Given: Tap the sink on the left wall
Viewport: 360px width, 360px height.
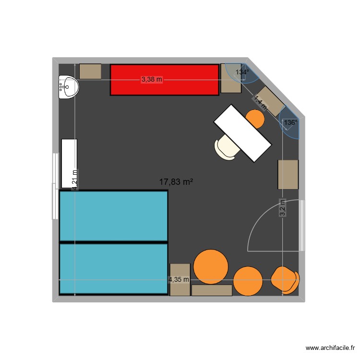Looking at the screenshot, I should pos(68,87).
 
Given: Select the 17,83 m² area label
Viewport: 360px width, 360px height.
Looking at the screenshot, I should pos(176,181).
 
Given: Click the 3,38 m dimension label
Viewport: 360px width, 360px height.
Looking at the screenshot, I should pos(152,80).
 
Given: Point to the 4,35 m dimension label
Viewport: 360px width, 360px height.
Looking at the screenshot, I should pos(179,279).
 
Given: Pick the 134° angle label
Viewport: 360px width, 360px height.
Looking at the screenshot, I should pos(242,72).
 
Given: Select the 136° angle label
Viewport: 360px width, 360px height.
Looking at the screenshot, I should pos(290,123).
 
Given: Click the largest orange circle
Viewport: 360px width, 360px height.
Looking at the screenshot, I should pos(211,267).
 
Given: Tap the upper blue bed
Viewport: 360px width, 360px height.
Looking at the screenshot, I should pos(113,216).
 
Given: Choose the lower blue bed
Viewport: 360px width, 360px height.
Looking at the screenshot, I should pos(113,269).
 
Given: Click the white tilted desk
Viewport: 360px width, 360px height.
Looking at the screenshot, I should pos(242,133).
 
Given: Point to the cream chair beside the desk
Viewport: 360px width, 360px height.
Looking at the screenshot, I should pos(227,147).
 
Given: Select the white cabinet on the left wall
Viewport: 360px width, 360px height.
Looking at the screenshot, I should pos(69,163).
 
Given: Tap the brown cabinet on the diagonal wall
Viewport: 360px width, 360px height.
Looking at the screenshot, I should pos(269,101).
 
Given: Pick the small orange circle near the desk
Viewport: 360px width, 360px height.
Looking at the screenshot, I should pos(255,119).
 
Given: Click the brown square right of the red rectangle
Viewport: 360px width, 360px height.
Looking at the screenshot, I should pos(230,78).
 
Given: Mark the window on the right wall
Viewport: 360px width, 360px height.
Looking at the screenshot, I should pos(302,226).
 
